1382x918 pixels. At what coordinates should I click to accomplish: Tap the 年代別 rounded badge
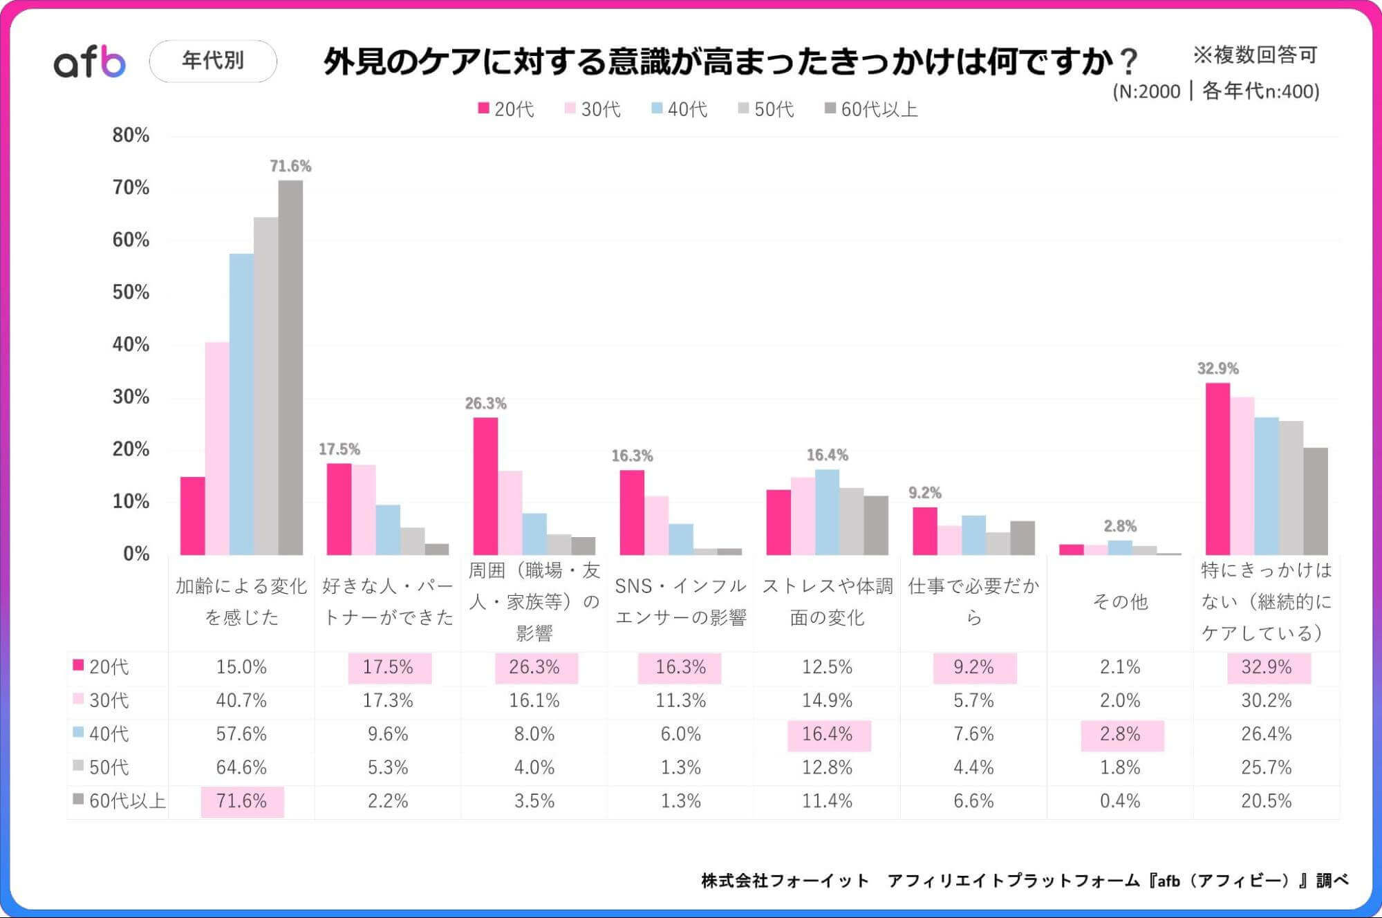tap(213, 61)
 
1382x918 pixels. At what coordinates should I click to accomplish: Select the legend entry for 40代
tap(680, 109)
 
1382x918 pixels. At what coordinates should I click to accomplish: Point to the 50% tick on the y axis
tap(131, 292)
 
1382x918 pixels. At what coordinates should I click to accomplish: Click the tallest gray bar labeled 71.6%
tap(290, 366)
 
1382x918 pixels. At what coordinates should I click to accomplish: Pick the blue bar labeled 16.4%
tap(827, 512)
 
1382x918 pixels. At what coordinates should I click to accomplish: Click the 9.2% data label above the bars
tap(924, 493)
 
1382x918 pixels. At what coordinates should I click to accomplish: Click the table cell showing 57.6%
tap(241, 733)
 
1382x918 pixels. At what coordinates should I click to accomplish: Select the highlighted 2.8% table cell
tap(1120, 733)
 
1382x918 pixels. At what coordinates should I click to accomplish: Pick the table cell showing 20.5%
tap(1266, 800)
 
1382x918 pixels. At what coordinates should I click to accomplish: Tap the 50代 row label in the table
tap(109, 767)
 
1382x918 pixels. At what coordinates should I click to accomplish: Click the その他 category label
tap(1120, 601)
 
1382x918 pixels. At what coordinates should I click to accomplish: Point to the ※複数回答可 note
tap(1255, 55)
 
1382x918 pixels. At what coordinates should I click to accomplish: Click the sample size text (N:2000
tap(1146, 91)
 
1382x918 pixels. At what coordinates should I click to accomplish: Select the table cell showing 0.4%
tap(1120, 800)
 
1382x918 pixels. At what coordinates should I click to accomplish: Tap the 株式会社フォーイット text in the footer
tap(785, 881)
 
